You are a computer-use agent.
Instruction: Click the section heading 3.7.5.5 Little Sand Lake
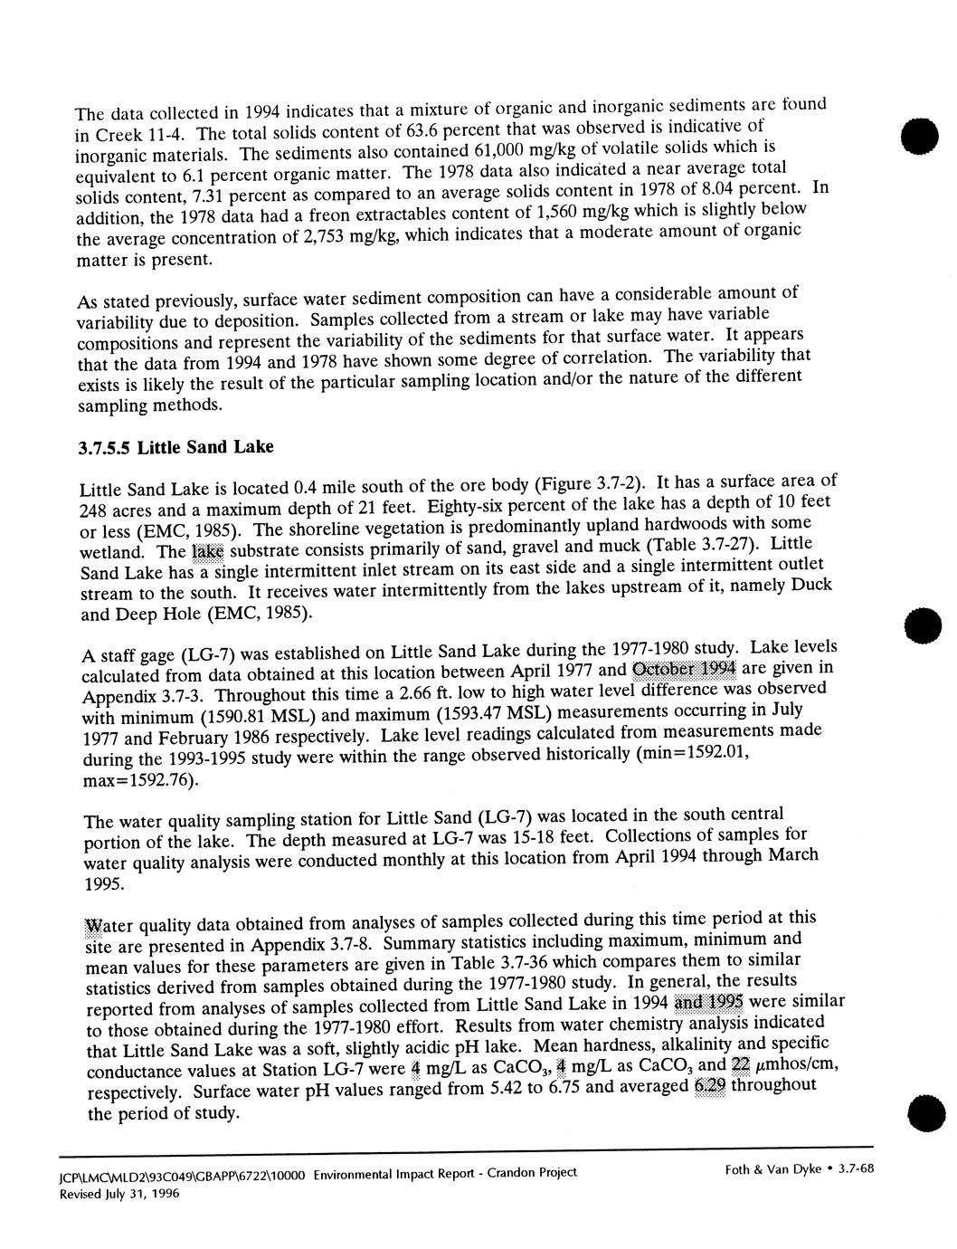pyautogui.click(x=175, y=447)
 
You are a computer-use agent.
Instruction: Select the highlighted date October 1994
pyautogui.click(x=686, y=669)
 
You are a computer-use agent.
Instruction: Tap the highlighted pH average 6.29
pyautogui.click(x=709, y=1086)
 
